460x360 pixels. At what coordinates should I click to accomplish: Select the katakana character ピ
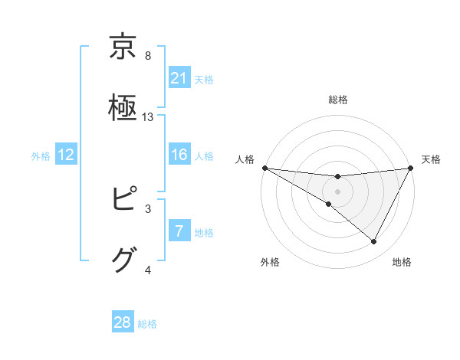123,198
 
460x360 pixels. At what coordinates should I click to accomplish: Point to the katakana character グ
123,260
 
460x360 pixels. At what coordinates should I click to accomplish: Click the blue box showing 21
179,77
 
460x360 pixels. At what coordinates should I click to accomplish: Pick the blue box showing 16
179,155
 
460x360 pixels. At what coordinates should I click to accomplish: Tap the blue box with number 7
179,231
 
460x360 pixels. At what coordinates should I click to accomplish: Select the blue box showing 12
66,155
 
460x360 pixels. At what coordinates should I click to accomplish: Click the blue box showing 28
123,322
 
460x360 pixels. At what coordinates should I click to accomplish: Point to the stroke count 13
148,117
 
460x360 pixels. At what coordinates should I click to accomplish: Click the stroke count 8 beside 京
148,56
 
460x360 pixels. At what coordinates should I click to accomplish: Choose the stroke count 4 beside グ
148,270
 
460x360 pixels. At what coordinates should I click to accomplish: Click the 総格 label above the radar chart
337,100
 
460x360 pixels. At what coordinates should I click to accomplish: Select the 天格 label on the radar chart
431,159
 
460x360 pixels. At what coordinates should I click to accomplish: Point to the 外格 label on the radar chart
270,262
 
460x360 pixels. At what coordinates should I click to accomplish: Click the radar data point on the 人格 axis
264,168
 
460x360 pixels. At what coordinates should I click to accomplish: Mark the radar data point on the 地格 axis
374,242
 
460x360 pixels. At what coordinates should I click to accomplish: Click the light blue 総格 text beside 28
147,323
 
